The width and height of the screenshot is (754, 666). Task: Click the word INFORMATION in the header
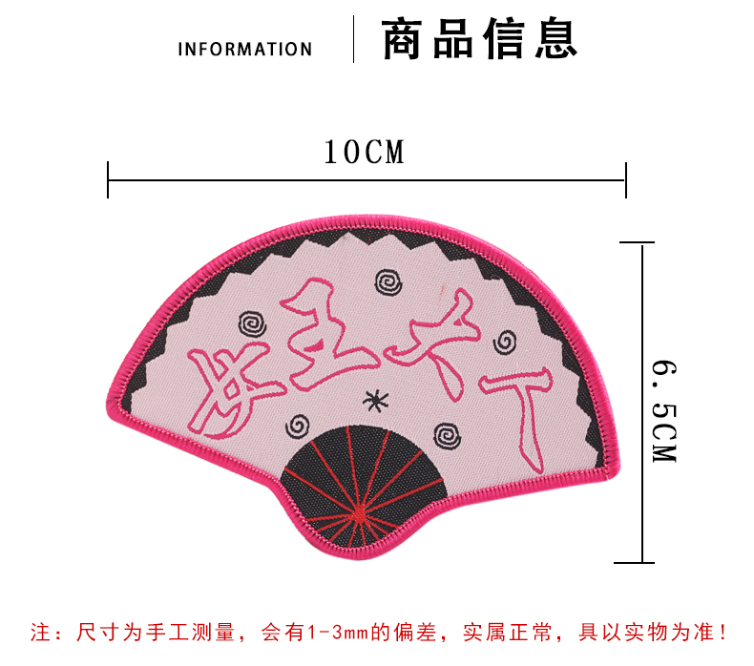pos(244,49)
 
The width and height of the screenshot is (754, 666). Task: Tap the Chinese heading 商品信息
pos(480,41)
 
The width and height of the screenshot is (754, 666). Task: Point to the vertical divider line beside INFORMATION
pos(354,40)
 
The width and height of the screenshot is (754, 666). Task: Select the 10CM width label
pos(364,152)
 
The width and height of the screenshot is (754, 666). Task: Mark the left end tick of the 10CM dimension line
pos(109,179)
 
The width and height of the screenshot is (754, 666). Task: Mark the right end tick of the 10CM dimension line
pos(626,179)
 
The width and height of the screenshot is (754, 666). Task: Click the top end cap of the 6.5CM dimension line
pos(641,242)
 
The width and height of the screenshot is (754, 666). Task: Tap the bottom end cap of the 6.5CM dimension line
pos(641,563)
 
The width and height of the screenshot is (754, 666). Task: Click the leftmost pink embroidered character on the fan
pos(227,382)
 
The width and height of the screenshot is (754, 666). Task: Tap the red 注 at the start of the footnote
pos(42,632)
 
